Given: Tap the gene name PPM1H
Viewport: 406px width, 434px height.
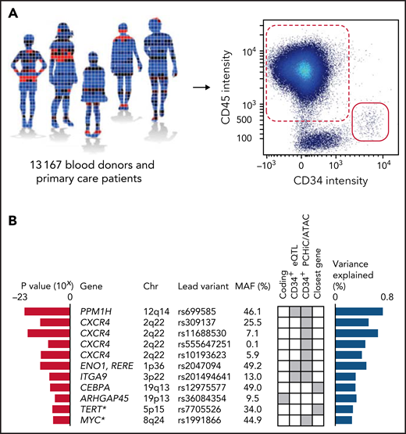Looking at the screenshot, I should (x=94, y=312).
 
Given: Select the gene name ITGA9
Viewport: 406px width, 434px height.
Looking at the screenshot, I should (x=91, y=375).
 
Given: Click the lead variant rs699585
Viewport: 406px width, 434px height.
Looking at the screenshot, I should (x=194, y=312).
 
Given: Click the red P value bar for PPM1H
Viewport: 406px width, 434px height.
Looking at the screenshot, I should (x=48, y=312).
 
